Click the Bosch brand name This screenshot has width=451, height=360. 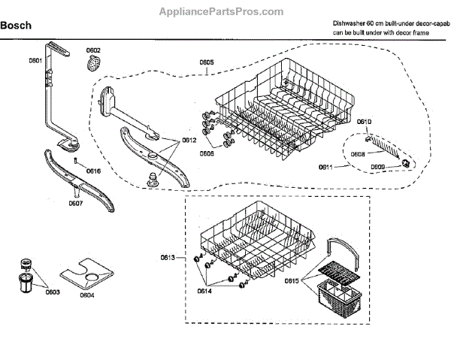tap(16, 26)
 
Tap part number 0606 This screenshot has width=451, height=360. tap(207, 153)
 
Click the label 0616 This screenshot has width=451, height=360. tap(93, 171)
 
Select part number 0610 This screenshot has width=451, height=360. tap(365, 122)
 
